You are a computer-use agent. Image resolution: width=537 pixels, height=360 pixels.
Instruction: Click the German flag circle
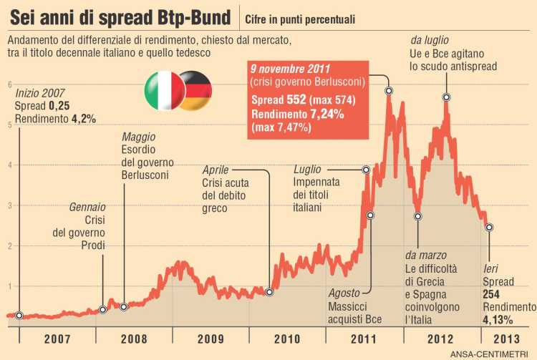pos(194,90)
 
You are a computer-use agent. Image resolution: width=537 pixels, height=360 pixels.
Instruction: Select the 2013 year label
pos(505,339)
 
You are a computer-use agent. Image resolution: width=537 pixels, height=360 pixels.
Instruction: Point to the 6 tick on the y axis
pos(9,84)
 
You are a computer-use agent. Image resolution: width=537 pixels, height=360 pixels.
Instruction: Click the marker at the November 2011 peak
pos(389,91)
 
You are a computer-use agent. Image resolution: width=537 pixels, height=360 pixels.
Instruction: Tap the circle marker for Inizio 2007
pos(19,315)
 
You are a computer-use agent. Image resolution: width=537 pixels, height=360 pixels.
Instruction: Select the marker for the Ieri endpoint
pos(489,228)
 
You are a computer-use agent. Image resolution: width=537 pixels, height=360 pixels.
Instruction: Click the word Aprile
pos(216,170)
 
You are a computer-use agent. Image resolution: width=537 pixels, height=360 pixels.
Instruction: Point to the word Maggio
pos(138,137)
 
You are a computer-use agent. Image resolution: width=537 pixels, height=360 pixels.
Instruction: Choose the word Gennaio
pos(87,206)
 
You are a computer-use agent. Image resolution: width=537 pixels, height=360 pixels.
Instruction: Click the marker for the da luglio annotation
pos(446,97)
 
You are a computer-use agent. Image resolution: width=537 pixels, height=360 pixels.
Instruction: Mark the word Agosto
pos(344,293)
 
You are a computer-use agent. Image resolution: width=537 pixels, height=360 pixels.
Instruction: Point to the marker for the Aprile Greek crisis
pos(269,291)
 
